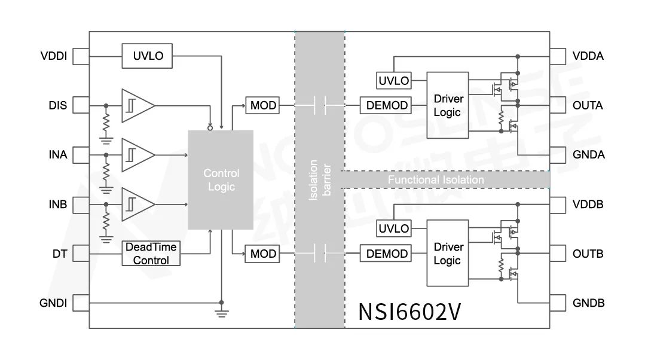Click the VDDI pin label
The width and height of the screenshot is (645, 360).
click(x=54, y=57)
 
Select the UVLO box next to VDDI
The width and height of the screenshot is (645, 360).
click(x=148, y=56)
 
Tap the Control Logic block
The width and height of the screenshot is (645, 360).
click(x=221, y=179)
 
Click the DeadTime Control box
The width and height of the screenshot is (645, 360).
click(x=151, y=254)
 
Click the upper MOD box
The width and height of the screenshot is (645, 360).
click(x=263, y=106)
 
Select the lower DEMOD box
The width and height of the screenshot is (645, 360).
click(x=387, y=254)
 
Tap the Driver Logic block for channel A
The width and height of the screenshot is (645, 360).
click(x=447, y=106)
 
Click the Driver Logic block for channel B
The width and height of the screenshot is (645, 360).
click(x=447, y=254)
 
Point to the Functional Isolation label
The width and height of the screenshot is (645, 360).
click(x=436, y=179)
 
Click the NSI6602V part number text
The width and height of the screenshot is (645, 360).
click(x=409, y=311)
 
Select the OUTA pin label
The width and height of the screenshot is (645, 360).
click(x=588, y=106)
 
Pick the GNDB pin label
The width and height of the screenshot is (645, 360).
click(x=588, y=303)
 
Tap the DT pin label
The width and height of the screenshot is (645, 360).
click(x=59, y=254)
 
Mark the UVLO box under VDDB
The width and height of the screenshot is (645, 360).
click(x=394, y=228)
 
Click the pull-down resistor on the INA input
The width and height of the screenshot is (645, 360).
click(x=106, y=173)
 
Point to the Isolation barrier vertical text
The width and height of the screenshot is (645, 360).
click(x=320, y=179)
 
